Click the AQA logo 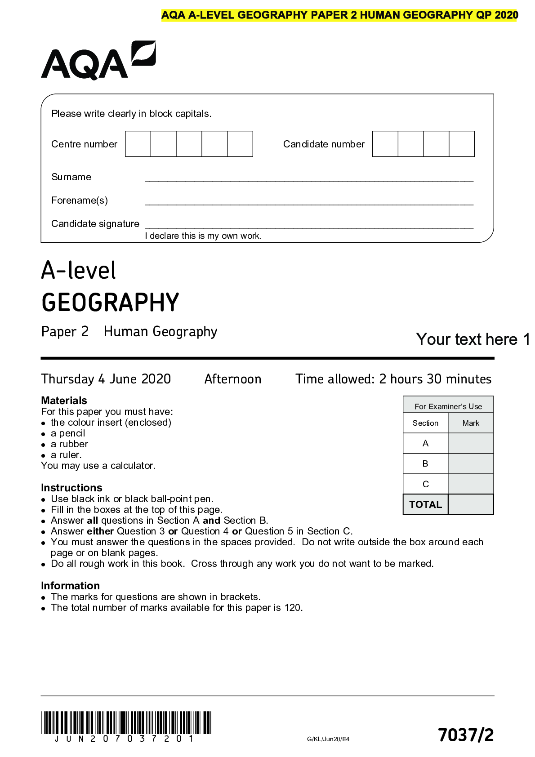(x=98, y=61)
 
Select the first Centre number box (x=138, y=144)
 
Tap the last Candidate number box (x=462, y=144)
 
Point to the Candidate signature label (x=95, y=224)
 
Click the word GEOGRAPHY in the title (x=110, y=303)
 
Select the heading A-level (x=79, y=271)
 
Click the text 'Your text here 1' (x=473, y=339)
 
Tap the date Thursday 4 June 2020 (x=106, y=379)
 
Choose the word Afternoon (x=233, y=379)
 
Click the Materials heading (x=64, y=401)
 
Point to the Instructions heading (x=71, y=488)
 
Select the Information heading (x=70, y=586)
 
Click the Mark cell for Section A (x=471, y=443)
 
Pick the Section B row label (x=425, y=463)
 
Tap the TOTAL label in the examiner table (x=425, y=504)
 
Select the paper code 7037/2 (x=466, y=735)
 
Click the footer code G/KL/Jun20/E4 (x=328, y=739)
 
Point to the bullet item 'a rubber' (x=69, y=444)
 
